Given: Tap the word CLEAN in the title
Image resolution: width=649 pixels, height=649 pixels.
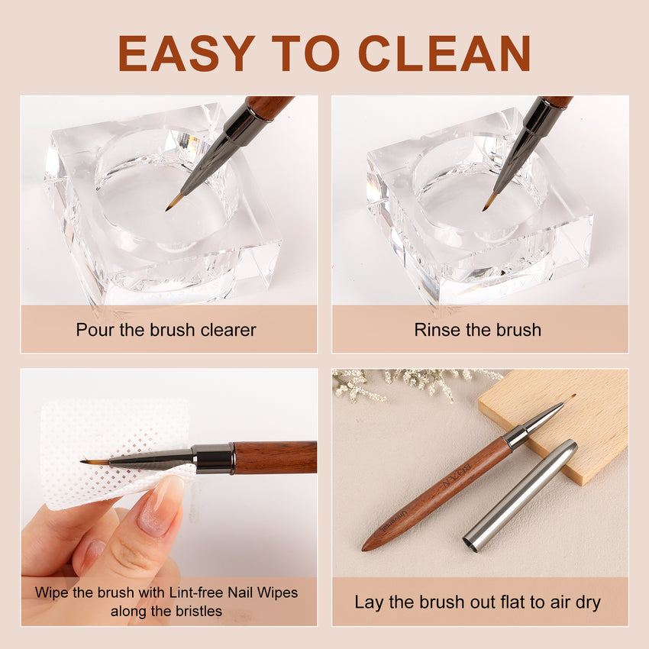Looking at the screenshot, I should (444, 53).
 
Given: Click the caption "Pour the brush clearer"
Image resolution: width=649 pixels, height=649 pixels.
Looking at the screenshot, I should (166, 330).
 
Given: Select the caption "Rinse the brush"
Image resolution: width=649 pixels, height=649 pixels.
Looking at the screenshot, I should (477, 330).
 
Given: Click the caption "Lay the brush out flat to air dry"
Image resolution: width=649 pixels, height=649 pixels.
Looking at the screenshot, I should (477, 602).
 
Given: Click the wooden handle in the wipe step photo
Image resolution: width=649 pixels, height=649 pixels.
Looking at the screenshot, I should (275, 457).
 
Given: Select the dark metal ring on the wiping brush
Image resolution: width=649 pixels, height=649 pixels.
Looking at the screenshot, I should (213, 459).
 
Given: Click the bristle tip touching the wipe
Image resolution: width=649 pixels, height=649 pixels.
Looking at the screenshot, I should (86, 461).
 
